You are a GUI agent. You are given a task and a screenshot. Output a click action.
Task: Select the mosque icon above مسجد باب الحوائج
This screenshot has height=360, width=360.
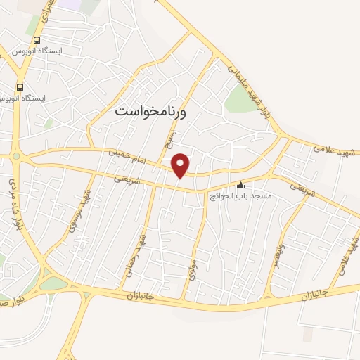[x=242, y=186]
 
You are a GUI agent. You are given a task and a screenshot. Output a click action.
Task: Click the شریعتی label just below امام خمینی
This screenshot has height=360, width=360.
[x=127, y=179]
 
